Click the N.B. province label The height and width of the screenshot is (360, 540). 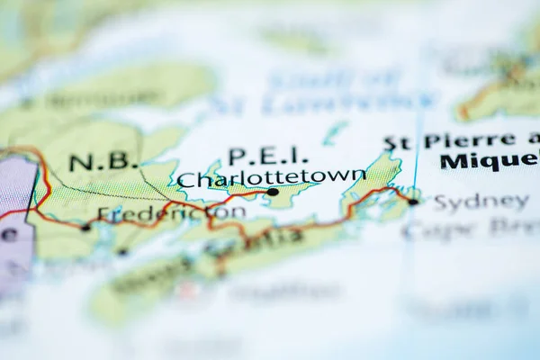pyautogui.click(x=103, y=163)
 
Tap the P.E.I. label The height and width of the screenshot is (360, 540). pyautogui.click(x=267, y=156)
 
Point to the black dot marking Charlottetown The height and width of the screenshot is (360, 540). pyautogui.click(x=272, y=192)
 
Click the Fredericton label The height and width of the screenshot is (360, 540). pyautogui.click(x=171, y=213)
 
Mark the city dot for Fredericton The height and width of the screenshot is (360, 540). pyautogui.click(x=85, y=228)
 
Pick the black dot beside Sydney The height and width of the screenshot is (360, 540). pyautogui.click(x=412, y=202)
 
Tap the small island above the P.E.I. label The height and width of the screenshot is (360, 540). pyautogui.click(x=334, y=133)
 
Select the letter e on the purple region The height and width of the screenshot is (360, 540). pyautogui.click(x=8, y=234)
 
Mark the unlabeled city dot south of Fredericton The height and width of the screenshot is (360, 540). pyautogui.click(x=121, y=251)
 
